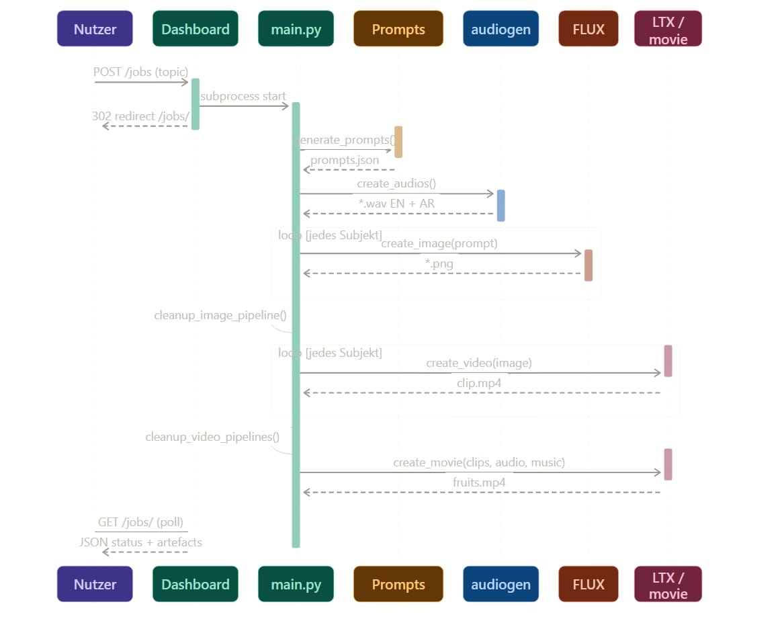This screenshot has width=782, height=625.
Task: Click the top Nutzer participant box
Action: pyautogui.click(x=95, y=29)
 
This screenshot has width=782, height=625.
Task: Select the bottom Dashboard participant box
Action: pyautogui.click(x=195, y=584)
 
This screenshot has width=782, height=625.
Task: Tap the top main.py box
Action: pyautogui.click(x=296, y=29)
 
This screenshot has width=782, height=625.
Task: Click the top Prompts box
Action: pyautogui.click(x=398, y=29)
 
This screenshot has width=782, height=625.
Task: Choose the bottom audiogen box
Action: pyautogui.click(x=501, y=584)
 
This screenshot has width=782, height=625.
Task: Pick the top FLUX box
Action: pyautogui.click(x=589, y=29)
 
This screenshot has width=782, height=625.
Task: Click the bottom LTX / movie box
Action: pyautogui.click(x=668, y=584)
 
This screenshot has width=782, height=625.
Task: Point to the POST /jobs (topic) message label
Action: pyautogui.click(x=140, y=72)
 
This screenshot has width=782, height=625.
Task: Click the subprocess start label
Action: pyautogui.click(x=243, y=96)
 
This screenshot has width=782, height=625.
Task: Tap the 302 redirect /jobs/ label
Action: pyautogui.click(x=140, y=116)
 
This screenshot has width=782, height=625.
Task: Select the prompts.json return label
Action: pyautogui.click(x=345, y=160)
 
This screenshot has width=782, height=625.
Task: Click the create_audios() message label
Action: pyautogui.click(x=396, y=183)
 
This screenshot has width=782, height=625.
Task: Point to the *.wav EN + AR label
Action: pyautogui.click(x=396, y=204)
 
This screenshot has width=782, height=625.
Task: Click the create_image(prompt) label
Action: pyautogui.click(x=439, y=243)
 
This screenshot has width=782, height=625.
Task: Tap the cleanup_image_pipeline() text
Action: pyautogui.click(x=220, y=315)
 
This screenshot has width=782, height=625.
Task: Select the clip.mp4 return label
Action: pyautogui.click(x=479, y=383)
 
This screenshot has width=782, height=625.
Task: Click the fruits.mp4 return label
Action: pyautogui.click(x=479, y=483)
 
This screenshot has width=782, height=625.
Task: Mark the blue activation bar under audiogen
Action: pyautogui.click(x=501, y=206)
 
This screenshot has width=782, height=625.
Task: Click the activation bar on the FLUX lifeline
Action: pyautogui.click(x=589, y=265)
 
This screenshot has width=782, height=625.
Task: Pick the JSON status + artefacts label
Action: pyautogui.click(x=140, y=542)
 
